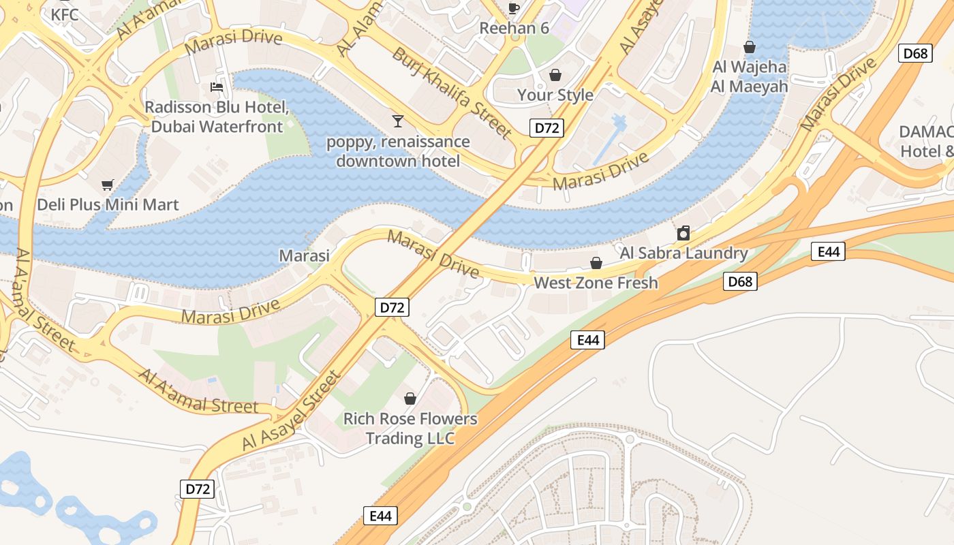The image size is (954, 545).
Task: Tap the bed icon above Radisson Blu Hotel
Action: (217, 87)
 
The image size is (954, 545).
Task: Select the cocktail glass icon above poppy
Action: (398, 121)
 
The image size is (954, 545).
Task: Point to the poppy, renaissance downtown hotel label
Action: (398, 151)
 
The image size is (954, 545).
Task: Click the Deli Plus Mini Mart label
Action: (108, 204)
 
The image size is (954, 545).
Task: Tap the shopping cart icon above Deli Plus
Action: (108, 185)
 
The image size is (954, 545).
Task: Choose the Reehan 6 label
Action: (514, 28)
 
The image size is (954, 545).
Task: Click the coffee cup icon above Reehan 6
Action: (514, 8)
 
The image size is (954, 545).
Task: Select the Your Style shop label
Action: (555, 95)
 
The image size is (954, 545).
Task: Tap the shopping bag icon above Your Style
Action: (555, 74)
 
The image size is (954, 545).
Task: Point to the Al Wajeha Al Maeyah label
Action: (749, 76)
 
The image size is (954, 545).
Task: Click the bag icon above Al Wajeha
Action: (750, 47)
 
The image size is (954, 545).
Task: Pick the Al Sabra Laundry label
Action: (683, 253)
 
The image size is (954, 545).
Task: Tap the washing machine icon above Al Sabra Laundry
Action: (683, 234)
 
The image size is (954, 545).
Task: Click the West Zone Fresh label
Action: (596, 282)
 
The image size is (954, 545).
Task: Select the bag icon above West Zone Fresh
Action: (596, 263)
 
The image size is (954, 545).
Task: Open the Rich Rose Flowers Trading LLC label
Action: (410, 428)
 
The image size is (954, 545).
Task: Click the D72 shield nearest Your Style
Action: (547, 127)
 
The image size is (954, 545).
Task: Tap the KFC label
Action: (64, 14)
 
